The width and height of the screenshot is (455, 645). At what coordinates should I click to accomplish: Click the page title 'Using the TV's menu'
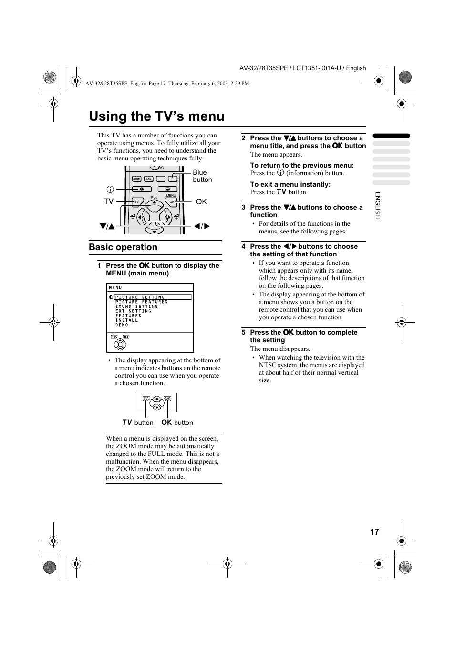pyautogui.click(x=156, y=116)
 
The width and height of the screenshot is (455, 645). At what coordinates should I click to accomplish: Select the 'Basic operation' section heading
pyautogui.click(x=123, y=247)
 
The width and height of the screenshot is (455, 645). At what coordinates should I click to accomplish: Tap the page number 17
pyautogui.click(x=374, y=532)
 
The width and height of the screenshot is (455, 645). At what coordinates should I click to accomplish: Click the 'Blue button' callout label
pyautogui.click(x=202, y=176)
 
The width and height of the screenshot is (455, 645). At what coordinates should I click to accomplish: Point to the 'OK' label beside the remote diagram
pyautogui.click(x=201, y=202)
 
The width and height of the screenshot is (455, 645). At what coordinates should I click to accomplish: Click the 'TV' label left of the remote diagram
pyautogui.click(x=109, y=201)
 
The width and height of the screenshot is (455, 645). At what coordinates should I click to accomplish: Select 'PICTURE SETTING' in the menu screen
pyautogui.click(x=140, y=297)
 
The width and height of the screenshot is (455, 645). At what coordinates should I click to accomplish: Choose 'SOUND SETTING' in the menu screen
pyautogui.click(x=136, y=307)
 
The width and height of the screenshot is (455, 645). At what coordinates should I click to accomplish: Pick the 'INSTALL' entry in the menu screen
pyautogui.click(x=126, y=320)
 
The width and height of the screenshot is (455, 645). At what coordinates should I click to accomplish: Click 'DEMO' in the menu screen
pyautogui.click(x=122, y=325)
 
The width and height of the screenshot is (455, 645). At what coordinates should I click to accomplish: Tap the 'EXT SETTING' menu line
pyautogui.click(x=133, y=311)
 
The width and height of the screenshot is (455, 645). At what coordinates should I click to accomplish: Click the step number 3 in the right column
pyautogui.click(x=243, y=208)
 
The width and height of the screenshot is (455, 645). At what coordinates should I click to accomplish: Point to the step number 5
pyautogui.click(x=243, y=333)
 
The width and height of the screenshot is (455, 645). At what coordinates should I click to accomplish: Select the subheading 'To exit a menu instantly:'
pyautogui.click(x=290, y=184)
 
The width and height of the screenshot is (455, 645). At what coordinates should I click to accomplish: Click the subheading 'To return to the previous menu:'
pyautogui.click(x=302, y=165)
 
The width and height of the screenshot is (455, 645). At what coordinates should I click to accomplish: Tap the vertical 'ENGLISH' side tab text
pyautogui.click(x=377, y=205)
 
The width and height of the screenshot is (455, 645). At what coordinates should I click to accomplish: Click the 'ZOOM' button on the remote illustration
pyautogui.click(x=137, y=179)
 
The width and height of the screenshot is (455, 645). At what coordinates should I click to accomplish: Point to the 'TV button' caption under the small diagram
pyautogui.click(x=138, y=423)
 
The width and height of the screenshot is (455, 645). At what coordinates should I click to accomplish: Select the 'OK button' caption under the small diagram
pyautogui.click(x=177, y=423)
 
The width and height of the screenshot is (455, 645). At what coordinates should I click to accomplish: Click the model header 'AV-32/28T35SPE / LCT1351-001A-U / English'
pyautogui.click(x=302, y=68)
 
